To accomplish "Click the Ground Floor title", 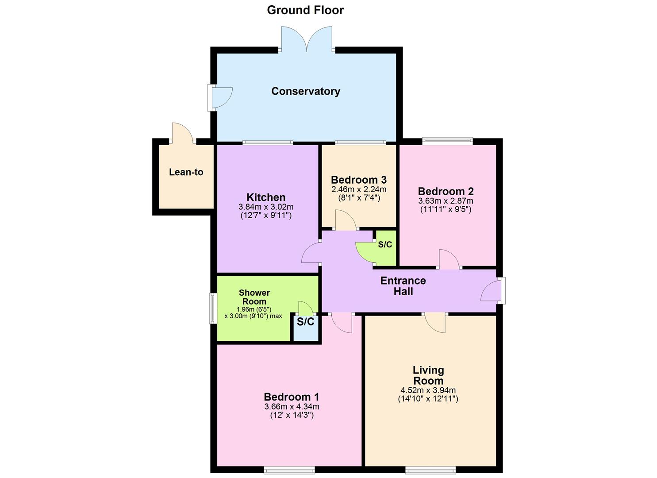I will [x=305, y=10].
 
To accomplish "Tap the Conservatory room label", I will [x=306, y=91].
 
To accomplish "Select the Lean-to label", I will [x=186, y=172].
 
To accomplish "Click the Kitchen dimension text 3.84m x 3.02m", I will [x=266, y=207].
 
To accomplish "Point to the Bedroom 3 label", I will [x=359, y=180].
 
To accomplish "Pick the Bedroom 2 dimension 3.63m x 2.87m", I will [x=446, y=200].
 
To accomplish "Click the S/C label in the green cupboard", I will [x=385, y=245].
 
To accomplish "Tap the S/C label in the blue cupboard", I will [x=305, y=322].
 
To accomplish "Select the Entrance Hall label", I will [x=403, y=286].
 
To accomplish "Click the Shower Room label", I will [x=254, y=297].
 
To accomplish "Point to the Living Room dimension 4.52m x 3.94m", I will [x=428, y=390].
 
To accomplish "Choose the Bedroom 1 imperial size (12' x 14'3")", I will [x=292, y=415].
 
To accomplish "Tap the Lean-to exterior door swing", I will [x=182, y=133].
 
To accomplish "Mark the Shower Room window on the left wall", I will [x=211, y=308].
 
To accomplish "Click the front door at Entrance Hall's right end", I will [x=492, y=291].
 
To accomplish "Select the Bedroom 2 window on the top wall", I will [x=447, y=141].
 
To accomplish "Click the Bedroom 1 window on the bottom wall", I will [x=289, y=469].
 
